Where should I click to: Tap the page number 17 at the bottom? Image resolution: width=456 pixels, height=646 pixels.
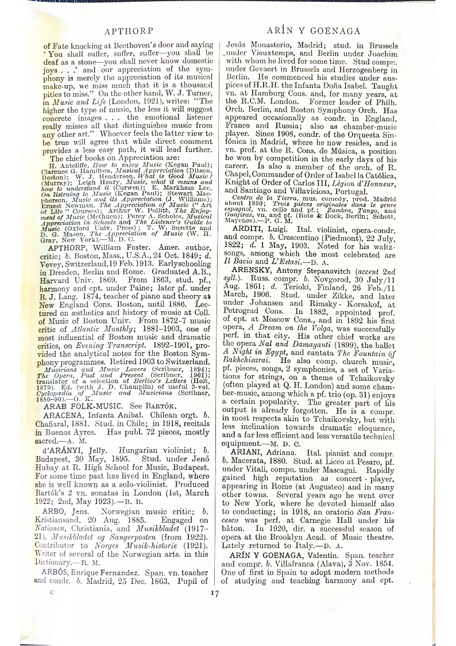[215, 593]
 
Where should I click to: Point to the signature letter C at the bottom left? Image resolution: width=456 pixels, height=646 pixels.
[52, 590]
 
